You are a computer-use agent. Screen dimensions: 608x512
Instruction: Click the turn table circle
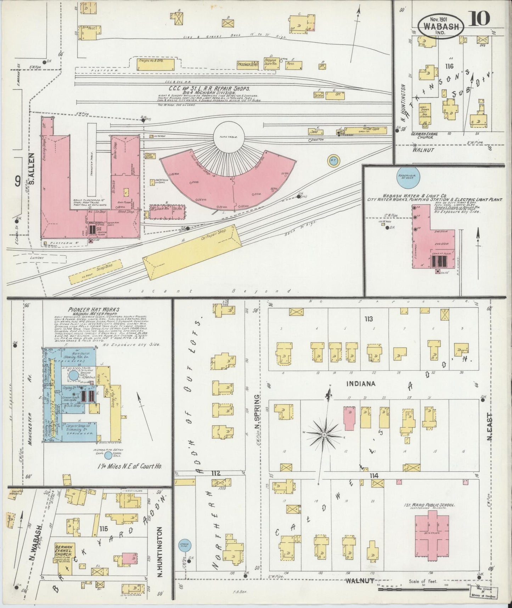click(229, 137)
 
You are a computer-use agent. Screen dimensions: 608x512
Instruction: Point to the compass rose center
click(324, 434)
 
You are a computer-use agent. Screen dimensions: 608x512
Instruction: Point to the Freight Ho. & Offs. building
click(156, 64)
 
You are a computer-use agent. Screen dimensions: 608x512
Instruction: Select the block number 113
click(369, 319)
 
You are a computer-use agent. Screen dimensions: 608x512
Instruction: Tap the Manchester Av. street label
click(30, 394)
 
